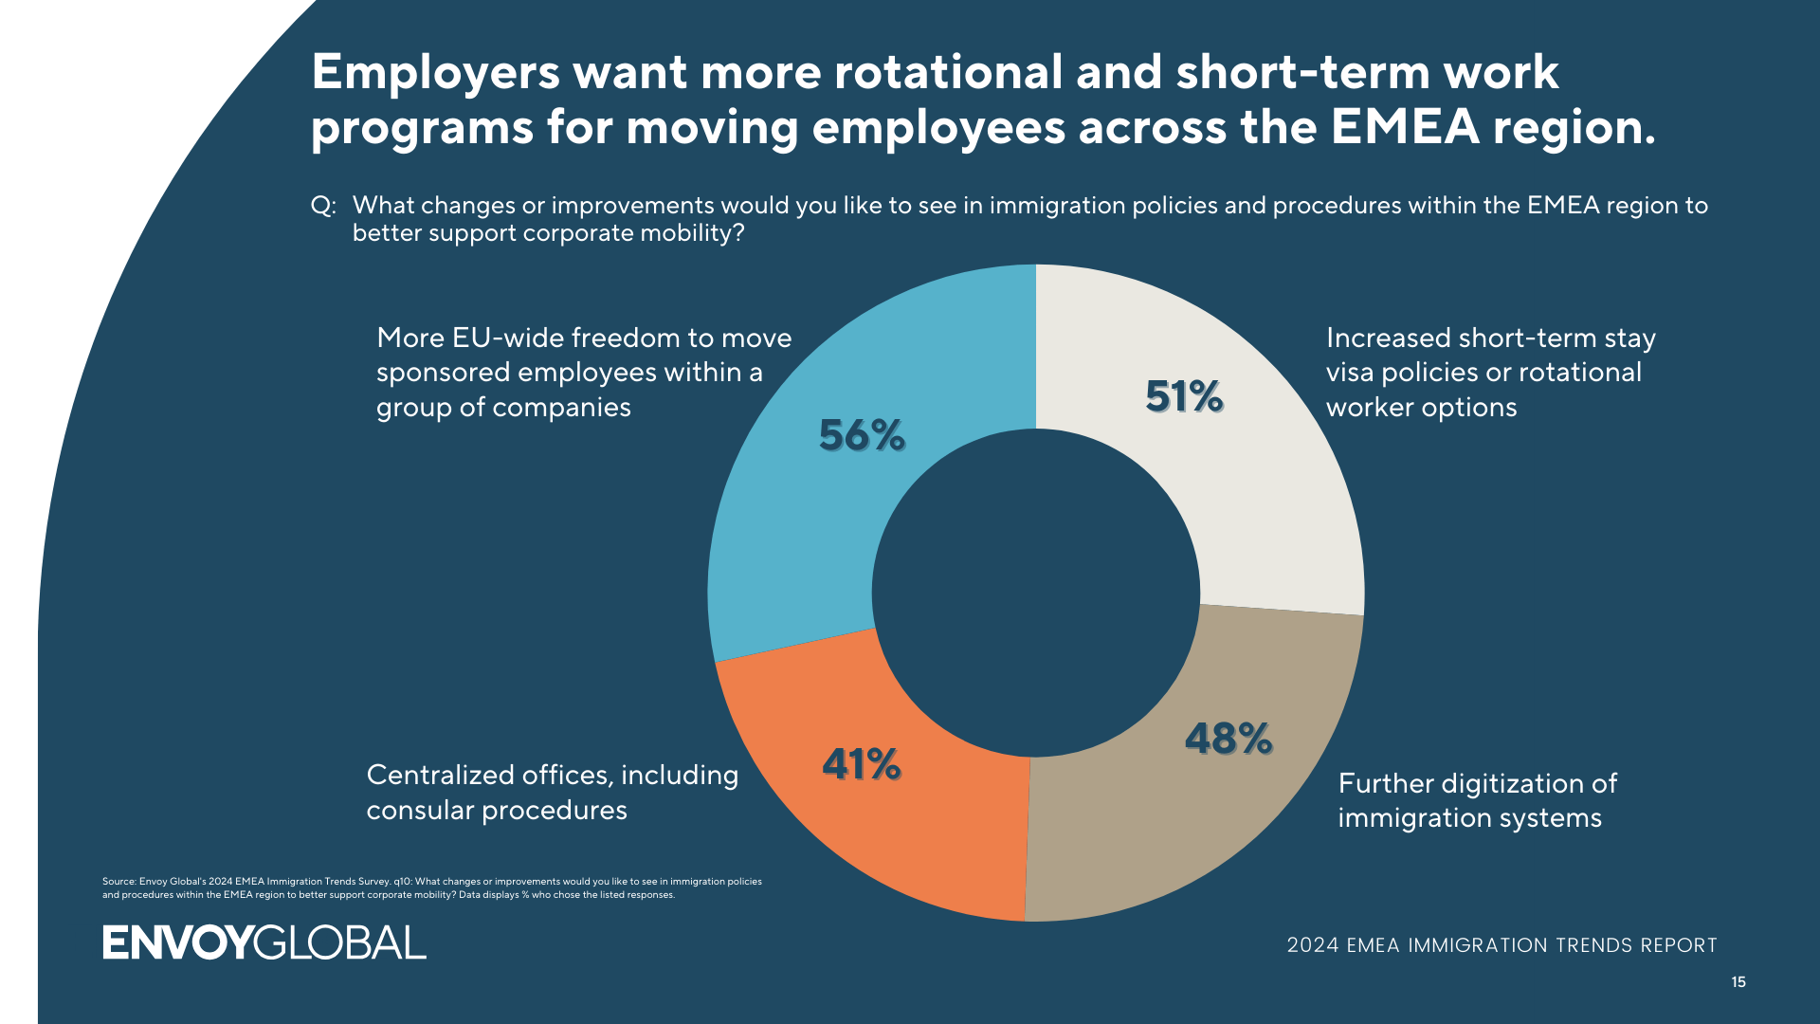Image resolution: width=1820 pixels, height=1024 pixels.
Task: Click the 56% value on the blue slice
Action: pyautogui.click(x=862, y=435)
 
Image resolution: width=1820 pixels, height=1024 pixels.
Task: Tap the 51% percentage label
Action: pyautogui.click(x=1184, y=396)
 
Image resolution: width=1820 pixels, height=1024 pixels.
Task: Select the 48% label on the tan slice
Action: pyautogui.click(x=1228, y=739)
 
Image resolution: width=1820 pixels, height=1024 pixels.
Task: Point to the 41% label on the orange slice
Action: pyautogui.click(x=861, y=764)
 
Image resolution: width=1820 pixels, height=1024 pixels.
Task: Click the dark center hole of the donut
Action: pyautogui.click(x=1035, y=593)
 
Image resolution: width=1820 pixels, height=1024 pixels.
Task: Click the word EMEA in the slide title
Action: pyautogui.click(x=1404, y=127)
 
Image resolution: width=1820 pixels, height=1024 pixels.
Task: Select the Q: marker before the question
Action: pyautogui.click(x=323, y=206)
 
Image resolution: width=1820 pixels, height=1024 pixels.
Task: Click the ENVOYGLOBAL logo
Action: pyautogui.click(x=264, y=942)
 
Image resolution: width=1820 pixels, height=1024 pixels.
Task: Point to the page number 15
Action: pyautogui.click(x=1738, y=982)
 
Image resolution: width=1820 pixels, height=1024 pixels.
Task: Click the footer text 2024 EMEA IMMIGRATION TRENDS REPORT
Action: pyautogui.click(x=1501, y=945)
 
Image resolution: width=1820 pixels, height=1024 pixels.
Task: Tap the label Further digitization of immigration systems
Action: pyautogui.click(x=1476, y=800)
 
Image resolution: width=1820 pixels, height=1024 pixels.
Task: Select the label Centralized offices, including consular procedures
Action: pyautogui.click(x=552, y=793)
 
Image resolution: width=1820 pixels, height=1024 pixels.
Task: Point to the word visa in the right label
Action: pyautogui.click(x=1350, y=373)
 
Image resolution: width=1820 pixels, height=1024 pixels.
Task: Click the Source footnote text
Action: pyautogui.click(x=431, y=888)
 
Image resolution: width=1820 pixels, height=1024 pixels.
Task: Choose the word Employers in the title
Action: pyautogui.click(x=435, y=72)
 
